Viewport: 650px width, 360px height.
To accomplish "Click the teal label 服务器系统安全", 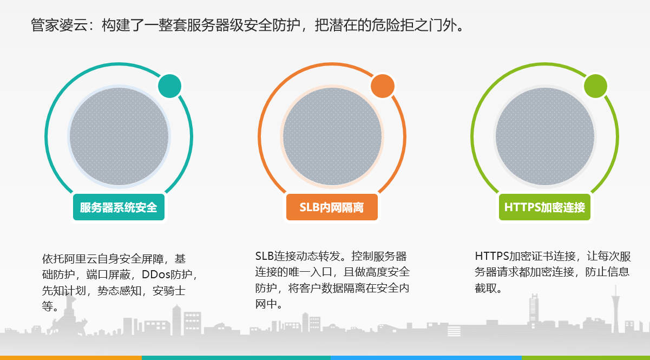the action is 119,207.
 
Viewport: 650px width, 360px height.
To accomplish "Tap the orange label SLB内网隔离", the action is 332,207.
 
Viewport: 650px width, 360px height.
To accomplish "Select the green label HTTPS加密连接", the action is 544,207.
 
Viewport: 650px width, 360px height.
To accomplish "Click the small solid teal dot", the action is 170,86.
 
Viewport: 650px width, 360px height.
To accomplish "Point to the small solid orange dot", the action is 383,86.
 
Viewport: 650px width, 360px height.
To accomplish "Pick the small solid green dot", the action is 595,86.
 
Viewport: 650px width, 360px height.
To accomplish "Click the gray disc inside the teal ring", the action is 119,136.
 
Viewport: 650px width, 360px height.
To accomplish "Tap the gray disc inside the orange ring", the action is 332,136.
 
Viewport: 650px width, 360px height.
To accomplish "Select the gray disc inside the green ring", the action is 545,136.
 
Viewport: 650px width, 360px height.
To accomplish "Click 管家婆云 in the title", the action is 59,25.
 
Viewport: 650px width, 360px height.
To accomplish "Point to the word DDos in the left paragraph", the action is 156,274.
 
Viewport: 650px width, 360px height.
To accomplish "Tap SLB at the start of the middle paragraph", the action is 265,256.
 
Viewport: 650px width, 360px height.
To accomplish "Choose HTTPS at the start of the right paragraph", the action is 492,256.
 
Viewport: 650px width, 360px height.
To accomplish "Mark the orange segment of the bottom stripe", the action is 71,358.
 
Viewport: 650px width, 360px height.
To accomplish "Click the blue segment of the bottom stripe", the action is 426,358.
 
